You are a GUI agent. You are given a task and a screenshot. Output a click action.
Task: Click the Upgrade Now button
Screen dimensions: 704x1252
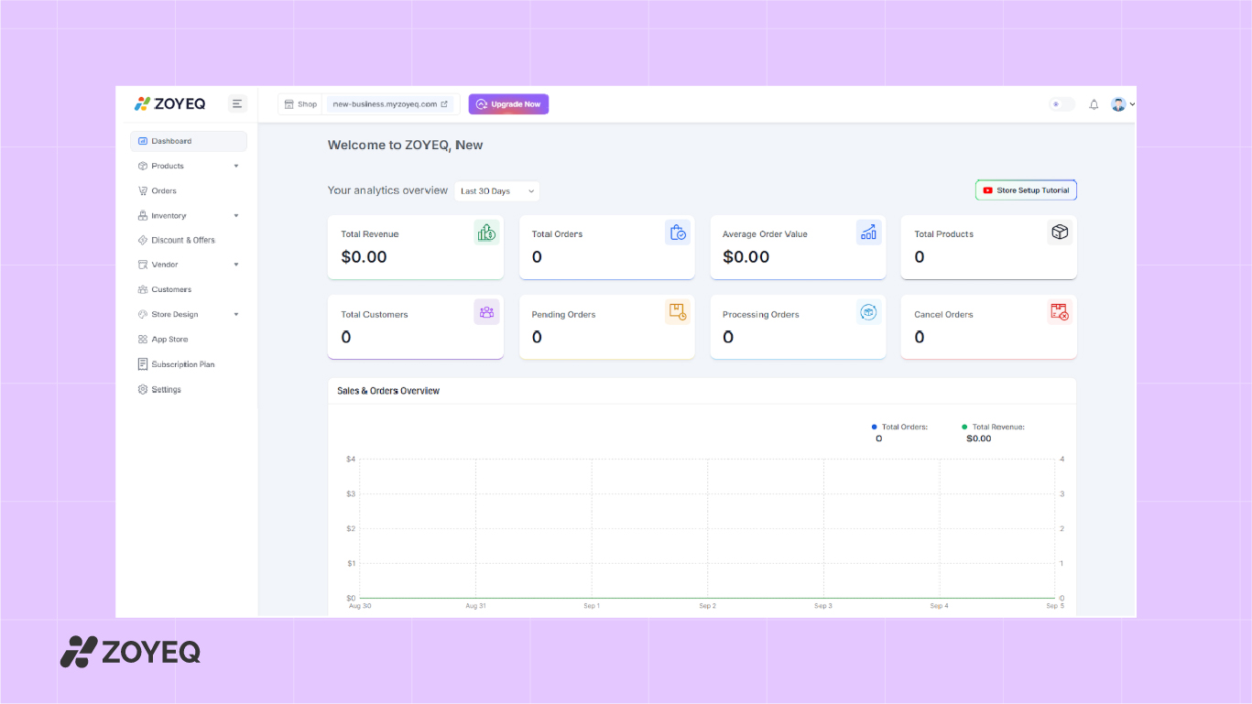(508, 104)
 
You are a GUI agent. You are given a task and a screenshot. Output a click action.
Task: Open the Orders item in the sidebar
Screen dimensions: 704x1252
(164, 190)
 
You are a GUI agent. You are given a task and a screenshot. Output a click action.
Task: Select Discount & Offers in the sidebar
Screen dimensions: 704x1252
(183, 240)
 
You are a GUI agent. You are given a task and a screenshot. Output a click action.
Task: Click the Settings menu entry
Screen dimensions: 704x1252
(166, 389)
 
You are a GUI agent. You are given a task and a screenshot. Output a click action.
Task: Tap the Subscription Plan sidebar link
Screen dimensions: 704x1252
(182, 364)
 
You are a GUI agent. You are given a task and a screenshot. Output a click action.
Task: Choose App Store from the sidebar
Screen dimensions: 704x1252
(169, 339)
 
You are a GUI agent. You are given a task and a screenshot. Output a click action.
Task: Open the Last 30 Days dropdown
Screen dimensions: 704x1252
(496, 191)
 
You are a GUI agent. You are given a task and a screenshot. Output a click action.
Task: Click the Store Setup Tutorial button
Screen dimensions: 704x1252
(1026, 190)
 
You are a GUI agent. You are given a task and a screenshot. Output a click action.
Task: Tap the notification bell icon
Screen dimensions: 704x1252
(1094, 104)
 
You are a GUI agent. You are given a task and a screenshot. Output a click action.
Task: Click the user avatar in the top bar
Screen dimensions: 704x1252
(1118, 104)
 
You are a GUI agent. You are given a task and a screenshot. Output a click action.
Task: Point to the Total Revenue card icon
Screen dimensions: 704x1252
(486, 233)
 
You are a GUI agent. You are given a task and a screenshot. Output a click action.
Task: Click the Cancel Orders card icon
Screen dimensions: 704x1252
(1060, 312)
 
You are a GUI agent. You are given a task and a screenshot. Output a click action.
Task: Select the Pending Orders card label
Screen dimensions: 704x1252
(563, 314)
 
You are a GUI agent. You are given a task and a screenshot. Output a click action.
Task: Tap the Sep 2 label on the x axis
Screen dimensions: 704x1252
(707, 606)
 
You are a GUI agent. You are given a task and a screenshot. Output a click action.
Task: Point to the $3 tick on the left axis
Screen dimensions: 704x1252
(350, 493)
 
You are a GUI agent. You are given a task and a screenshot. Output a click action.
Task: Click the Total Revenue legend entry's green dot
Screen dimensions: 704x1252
(964, 427)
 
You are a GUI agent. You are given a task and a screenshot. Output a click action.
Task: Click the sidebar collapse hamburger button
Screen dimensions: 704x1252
(237, 103)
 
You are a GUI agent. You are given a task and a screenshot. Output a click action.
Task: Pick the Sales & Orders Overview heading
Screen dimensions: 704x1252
(388, 391)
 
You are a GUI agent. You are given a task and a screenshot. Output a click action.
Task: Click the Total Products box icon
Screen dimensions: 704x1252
(1060, 233)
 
